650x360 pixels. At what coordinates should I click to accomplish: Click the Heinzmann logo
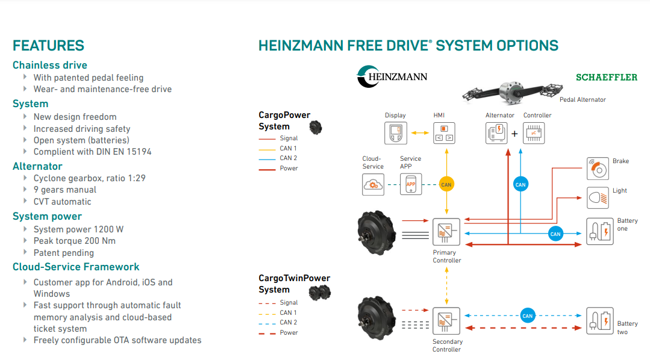(x=392, y=76)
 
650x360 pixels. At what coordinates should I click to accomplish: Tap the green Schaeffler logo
(x=606, y=78)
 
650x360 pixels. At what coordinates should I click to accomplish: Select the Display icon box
(x=396, y=132)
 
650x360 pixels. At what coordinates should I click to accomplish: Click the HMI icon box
(x=444, y=132)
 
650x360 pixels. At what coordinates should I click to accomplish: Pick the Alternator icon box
(x=497, y=133)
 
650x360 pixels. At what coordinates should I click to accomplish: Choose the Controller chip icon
(x=533, y=133)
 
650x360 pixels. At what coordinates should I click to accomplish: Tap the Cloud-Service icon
(x=373, y=184)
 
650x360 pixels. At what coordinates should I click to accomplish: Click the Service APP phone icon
(x=411, y=184)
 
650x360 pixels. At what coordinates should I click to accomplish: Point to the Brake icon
(x=598, y=169)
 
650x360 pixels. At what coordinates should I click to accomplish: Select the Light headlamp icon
(x=598, y=197)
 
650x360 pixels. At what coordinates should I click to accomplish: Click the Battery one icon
(x=599, y=232)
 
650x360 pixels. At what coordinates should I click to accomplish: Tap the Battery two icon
(x=599, y=320)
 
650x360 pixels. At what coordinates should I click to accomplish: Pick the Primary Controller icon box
(x=446, y=232)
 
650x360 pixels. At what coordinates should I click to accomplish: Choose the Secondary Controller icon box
(x=446, y=320)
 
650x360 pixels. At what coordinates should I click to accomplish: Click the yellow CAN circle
(x=446, y=185)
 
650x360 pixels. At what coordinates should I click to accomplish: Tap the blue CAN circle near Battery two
(x=528, y=315)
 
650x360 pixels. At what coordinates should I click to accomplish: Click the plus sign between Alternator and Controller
(x=514, y=134)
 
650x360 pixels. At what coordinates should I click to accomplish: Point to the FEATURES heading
(x=48, y=46)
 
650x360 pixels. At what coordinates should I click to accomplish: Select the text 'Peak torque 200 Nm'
(x=75, y=241)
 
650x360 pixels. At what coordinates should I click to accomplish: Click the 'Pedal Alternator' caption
(x=583, y=99)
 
